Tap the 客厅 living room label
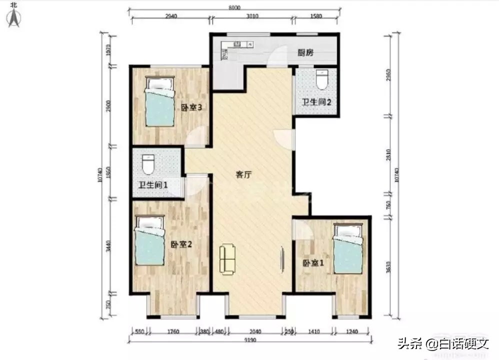(243, 175)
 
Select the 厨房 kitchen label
(305, 53)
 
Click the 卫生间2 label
(316, 102)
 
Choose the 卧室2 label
(181, 244)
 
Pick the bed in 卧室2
(150, 241)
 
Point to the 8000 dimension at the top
(234, 7)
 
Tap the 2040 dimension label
(255, 330)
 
